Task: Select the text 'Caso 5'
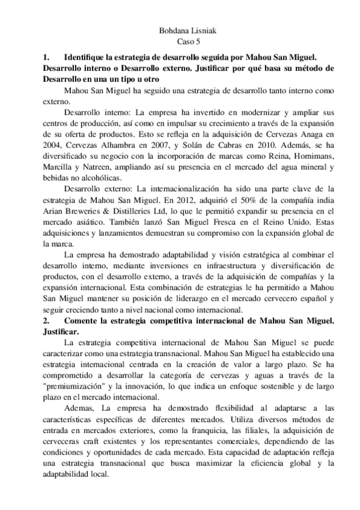point(180,42)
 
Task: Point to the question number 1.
point(46,57)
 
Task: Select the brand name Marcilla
point(59,167)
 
